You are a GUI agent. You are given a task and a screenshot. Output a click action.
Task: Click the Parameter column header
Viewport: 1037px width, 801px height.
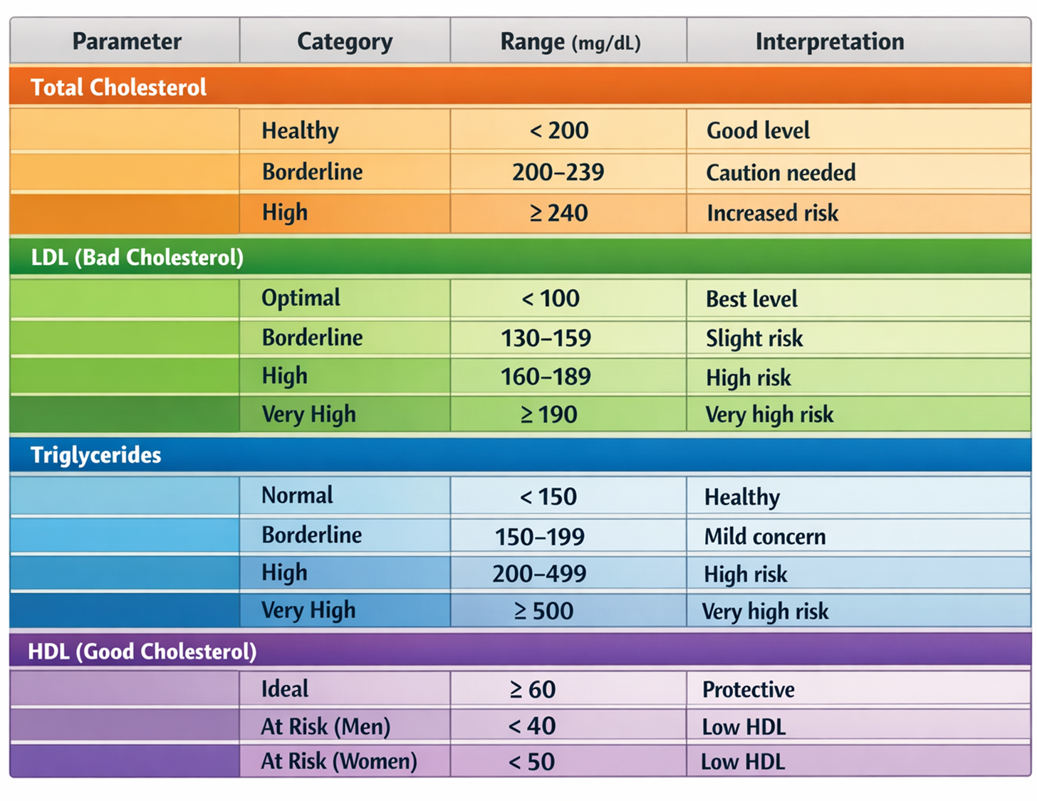click(x=127, y=41)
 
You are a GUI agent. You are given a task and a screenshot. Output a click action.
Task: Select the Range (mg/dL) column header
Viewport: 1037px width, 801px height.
click(x=570, y=42)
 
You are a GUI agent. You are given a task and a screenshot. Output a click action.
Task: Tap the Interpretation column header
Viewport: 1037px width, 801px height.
click(x=829, y=41)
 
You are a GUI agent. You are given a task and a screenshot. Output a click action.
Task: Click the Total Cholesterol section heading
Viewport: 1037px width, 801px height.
click(x=118, y=87)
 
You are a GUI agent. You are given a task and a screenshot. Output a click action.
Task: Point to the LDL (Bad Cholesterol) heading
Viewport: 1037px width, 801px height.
click(x=137, y=257)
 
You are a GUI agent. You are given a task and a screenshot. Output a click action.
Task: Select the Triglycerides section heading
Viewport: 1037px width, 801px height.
click(x=95, y=455)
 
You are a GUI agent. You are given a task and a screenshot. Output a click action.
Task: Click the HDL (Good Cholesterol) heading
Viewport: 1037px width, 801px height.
click(x=142, y=651)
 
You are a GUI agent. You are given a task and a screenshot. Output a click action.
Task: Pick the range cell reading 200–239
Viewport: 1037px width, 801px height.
click(x=558, y=172)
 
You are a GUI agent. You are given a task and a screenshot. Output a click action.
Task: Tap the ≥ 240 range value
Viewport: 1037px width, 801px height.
click(x=558, y=213)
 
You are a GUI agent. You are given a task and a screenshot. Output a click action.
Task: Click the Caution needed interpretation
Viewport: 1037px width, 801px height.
click(x=781, y=172)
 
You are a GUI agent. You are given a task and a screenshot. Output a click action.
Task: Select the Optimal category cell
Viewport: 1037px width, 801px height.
click(x=301, y=298)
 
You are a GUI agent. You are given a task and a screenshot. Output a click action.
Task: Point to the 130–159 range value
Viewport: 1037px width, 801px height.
click(x=546, y=337)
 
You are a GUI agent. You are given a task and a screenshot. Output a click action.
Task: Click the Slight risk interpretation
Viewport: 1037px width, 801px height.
click(x=754, y=338)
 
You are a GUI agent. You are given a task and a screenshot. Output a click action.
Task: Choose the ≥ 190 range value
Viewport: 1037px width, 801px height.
click(x=548, y=414)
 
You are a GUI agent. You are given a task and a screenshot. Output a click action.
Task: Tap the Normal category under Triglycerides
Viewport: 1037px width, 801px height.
click(x=297, y=495)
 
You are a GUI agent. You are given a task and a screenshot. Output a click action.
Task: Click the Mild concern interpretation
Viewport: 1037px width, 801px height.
click(x=764, y=536)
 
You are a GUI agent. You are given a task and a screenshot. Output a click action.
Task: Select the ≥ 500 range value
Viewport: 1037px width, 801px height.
click(x=543, y=611)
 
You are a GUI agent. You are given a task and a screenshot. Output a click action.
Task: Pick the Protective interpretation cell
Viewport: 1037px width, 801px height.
click(x=748, y=689)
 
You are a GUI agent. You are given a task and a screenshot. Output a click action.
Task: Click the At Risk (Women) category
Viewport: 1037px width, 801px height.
click(x=338, y=761)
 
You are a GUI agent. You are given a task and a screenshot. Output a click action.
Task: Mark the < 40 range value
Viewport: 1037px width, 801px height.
click(x=531, y=726)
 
